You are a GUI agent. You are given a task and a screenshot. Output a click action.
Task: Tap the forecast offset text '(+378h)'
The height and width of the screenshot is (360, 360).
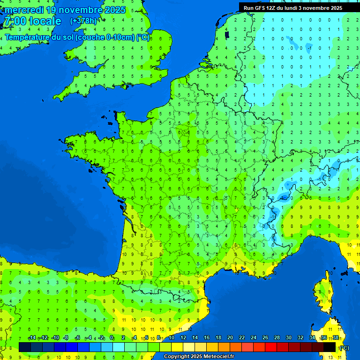83,21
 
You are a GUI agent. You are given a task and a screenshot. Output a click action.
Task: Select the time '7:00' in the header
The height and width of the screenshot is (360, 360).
14,21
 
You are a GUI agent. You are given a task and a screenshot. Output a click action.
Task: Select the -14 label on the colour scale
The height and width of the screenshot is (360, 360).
32,338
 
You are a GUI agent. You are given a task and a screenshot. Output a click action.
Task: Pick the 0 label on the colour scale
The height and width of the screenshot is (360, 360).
112,338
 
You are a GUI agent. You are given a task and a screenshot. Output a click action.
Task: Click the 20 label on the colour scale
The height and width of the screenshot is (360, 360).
230,338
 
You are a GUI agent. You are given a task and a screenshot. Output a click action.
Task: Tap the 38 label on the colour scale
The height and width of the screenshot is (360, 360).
336,338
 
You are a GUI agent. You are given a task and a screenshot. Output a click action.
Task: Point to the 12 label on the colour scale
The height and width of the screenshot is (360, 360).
183,338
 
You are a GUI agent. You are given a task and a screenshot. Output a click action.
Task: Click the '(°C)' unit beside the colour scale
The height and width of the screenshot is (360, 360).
344,347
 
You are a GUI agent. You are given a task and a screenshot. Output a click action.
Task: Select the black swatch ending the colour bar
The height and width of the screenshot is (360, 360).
330,347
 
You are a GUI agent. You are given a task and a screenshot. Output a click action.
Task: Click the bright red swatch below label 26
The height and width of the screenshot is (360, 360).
271,347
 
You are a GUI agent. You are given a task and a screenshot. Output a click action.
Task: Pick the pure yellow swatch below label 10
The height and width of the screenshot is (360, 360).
177,347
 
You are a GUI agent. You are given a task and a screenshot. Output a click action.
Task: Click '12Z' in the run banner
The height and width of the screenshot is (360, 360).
276,8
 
